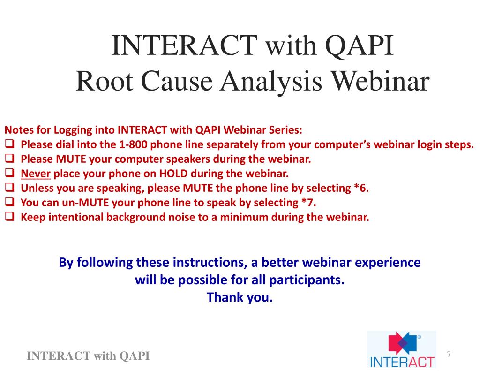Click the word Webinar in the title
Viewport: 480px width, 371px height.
381,81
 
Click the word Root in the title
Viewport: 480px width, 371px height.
105,81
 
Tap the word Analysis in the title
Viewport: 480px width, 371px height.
271,83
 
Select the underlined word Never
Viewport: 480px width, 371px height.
36,174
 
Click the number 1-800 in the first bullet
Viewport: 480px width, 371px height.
133,144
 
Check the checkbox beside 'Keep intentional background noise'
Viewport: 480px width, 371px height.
10,217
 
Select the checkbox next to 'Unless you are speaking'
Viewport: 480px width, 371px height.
10,187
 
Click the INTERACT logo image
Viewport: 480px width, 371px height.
402,349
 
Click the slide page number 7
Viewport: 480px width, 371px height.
449,354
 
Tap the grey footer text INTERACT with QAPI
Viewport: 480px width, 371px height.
88,356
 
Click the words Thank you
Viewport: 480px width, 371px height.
240,297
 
